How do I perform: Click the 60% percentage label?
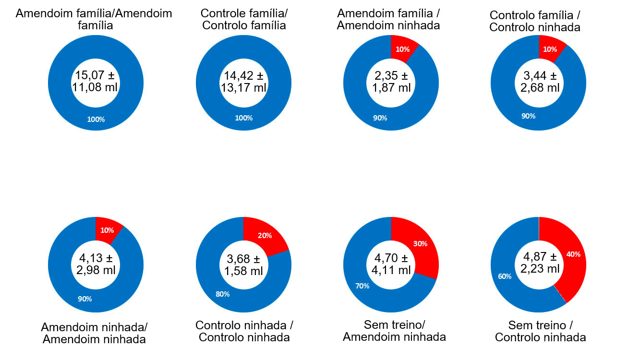pos(505,276)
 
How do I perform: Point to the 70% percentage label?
pos(362,286)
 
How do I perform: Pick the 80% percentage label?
pos(222,294)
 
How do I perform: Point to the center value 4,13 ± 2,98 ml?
pos(96,264)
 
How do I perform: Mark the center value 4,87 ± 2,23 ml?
pos(540,263)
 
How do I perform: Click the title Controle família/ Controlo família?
pos(244,19)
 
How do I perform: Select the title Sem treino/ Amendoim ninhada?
pos(394,330)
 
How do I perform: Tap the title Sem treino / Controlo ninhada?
pos(540,331)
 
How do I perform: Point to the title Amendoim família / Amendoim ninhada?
pos(388,19)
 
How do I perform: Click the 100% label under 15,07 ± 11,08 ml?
pos(96,120)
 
